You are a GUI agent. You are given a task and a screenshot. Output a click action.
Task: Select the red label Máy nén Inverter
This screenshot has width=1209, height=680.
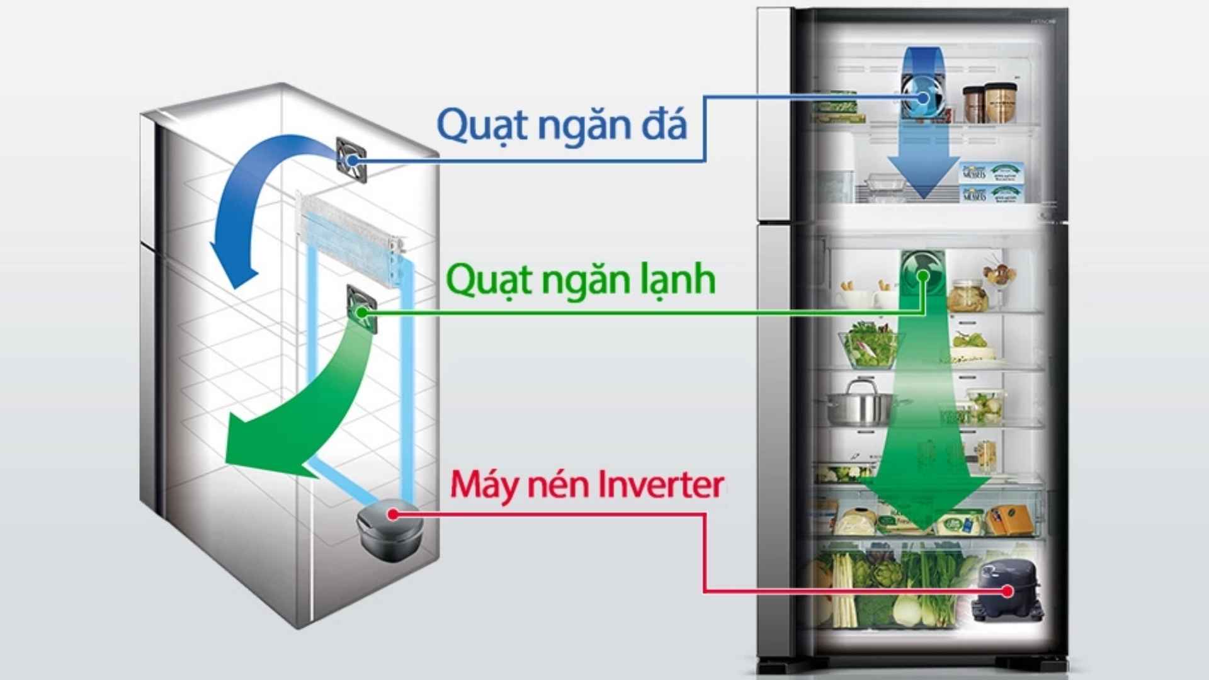coord(587,485)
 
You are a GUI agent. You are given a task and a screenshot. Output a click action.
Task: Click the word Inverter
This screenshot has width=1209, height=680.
coord(661,485)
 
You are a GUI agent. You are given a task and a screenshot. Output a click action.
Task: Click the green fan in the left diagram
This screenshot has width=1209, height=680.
coord(361,309)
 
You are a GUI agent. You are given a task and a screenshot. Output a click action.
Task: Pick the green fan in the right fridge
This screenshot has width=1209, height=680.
coord(922,274)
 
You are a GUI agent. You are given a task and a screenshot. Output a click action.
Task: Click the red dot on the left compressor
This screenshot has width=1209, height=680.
coord(393,514)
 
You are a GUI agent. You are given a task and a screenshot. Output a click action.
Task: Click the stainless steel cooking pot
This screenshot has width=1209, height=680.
coord(860,403)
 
